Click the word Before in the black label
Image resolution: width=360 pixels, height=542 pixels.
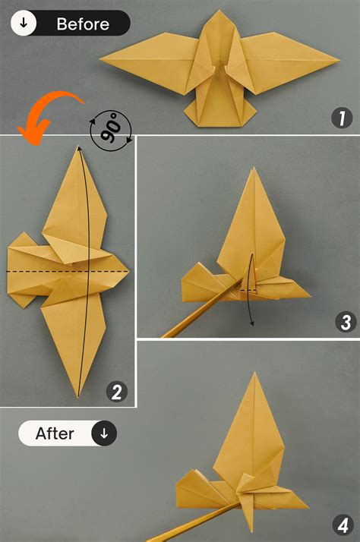(82, 24)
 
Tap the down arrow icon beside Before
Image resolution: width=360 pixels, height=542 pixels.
(24, 24)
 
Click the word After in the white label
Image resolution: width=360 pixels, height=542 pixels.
(55, 433)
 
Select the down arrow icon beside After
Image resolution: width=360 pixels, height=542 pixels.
(104, 433)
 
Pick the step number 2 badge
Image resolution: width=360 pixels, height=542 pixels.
(116, 392)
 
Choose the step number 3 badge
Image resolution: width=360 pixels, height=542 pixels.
(345, 322)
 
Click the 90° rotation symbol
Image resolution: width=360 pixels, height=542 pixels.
(111, 130)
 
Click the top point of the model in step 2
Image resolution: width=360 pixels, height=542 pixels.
(77, 147)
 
